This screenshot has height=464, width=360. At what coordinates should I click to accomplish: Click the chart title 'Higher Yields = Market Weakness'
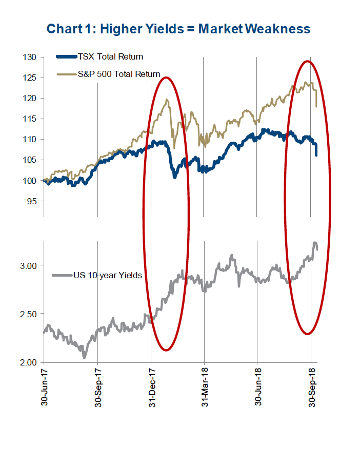coord(178,28)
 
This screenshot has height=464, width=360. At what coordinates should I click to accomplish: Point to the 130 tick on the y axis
coord(29,57)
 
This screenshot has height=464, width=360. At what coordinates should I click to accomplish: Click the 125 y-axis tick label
coord(29,78)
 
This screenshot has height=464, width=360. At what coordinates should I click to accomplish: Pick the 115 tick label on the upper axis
coord(29,119)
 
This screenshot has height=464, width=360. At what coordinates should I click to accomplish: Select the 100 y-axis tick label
coord(29,180)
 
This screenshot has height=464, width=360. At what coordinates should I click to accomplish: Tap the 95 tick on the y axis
coord(31,201)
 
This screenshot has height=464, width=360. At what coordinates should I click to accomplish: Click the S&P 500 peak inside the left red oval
coord(167,100)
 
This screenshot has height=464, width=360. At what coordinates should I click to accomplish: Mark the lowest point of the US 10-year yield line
coord(84,357)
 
